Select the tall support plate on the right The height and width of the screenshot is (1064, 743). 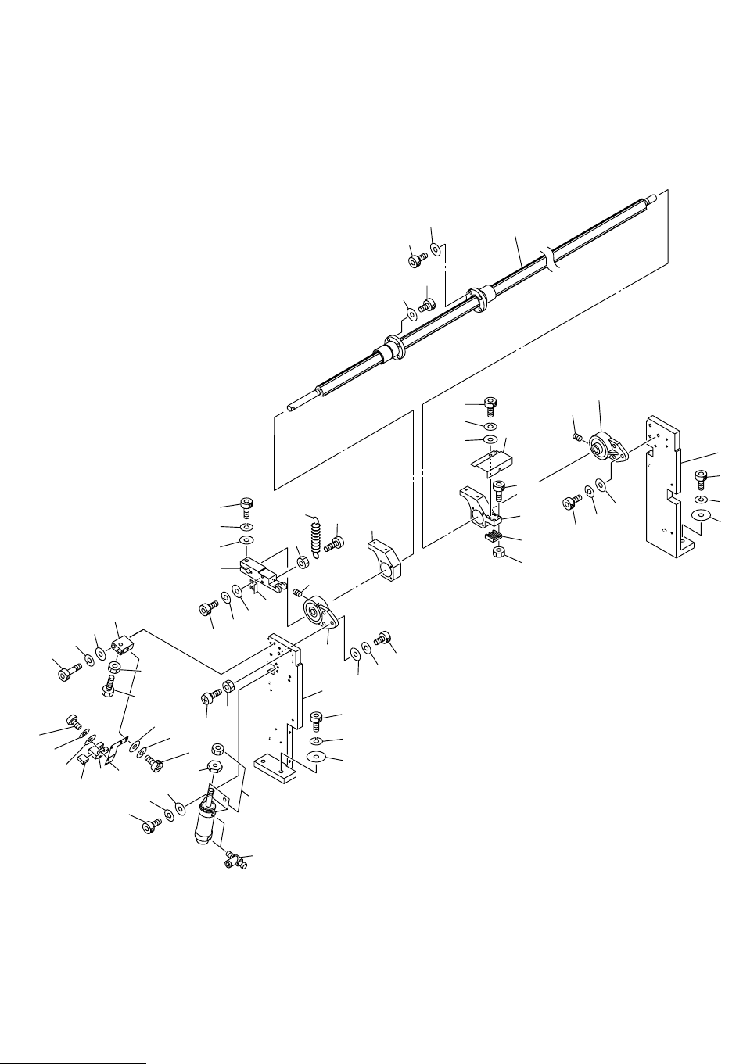[665, 485]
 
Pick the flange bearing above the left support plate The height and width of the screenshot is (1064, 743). [320, 611]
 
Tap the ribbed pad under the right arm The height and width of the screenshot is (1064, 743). [493, 536]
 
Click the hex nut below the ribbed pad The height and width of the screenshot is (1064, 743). [496, 553]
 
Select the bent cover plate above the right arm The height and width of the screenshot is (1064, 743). [489, 458]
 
